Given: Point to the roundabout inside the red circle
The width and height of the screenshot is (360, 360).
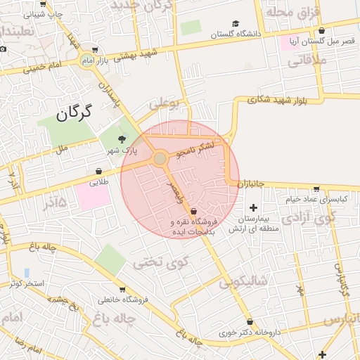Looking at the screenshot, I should click(x=160, y=158).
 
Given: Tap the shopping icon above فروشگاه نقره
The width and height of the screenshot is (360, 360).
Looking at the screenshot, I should click(x=193, y=210).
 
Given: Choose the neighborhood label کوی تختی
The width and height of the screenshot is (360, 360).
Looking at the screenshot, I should click(x=161, y=263).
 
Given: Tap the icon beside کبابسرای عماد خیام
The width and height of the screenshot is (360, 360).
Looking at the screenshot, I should click(x=316, y=189).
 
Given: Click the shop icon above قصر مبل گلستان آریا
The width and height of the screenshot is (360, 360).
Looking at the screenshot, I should click(x=321, y=31).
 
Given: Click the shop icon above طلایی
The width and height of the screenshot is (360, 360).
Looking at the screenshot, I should click(x=98, y=171).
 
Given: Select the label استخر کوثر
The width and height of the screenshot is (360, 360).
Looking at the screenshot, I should click(x=27, y=283).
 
